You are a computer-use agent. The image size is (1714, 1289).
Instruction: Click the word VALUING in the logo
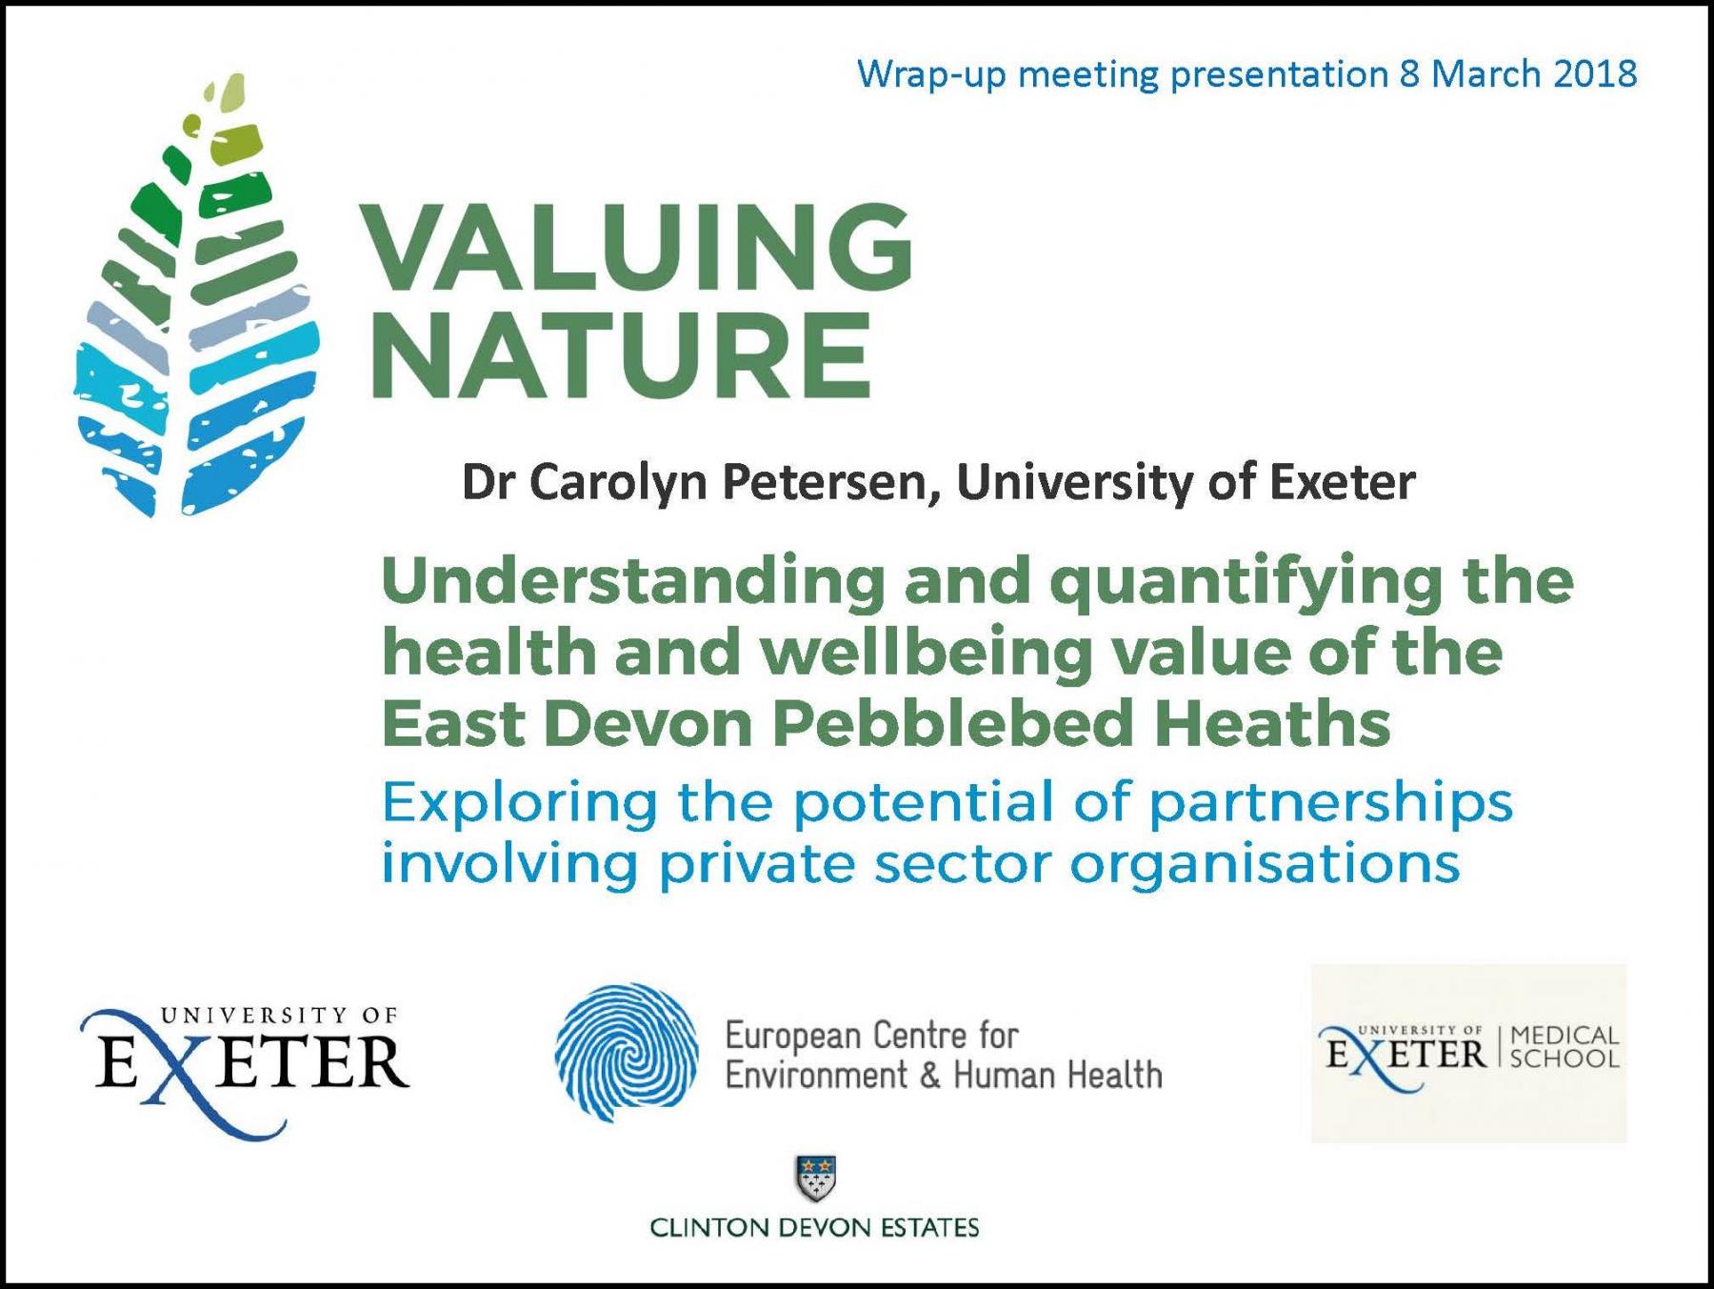[x=636, y=247]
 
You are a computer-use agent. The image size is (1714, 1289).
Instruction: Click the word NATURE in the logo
[x=621, y=354]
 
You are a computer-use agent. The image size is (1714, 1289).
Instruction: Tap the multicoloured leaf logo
[x=195, y=297]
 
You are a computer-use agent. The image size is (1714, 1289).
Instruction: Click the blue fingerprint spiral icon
[x=627, y=1052]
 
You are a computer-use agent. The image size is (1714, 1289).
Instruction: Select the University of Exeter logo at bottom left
[x=246, y=1071]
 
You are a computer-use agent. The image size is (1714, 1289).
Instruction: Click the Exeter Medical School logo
[x=1469, y=1054]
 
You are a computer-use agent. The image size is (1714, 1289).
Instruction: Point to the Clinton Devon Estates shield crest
[x=815, y=1179]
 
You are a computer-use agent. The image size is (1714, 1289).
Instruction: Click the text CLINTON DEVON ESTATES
[x=814, y=1227]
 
